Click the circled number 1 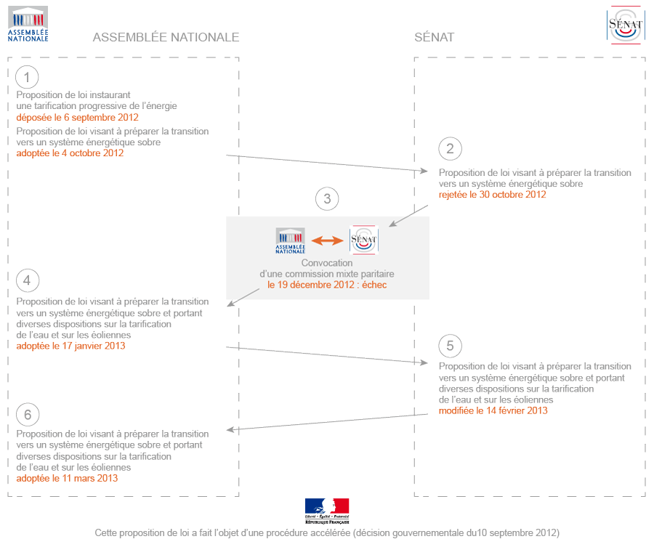(27, 78)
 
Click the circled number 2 (450, 149)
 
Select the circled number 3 (327, 199)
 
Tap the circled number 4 (27, 280)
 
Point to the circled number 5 (450, 345)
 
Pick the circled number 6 (27, 414)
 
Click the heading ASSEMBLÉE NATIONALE (166, 37)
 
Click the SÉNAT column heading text (434, 37)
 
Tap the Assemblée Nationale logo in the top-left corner (28, 24)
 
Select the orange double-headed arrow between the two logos (327, 240)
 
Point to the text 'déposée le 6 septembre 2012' (77, 117)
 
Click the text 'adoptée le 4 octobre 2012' (70, 153)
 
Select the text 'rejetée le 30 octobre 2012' (492, 195)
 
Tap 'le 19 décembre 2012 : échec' (327, 285)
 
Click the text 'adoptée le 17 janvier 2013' (70, 346)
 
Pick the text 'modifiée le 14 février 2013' (493, 410)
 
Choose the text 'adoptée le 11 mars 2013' (67, 479)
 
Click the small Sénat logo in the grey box (363, 240)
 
